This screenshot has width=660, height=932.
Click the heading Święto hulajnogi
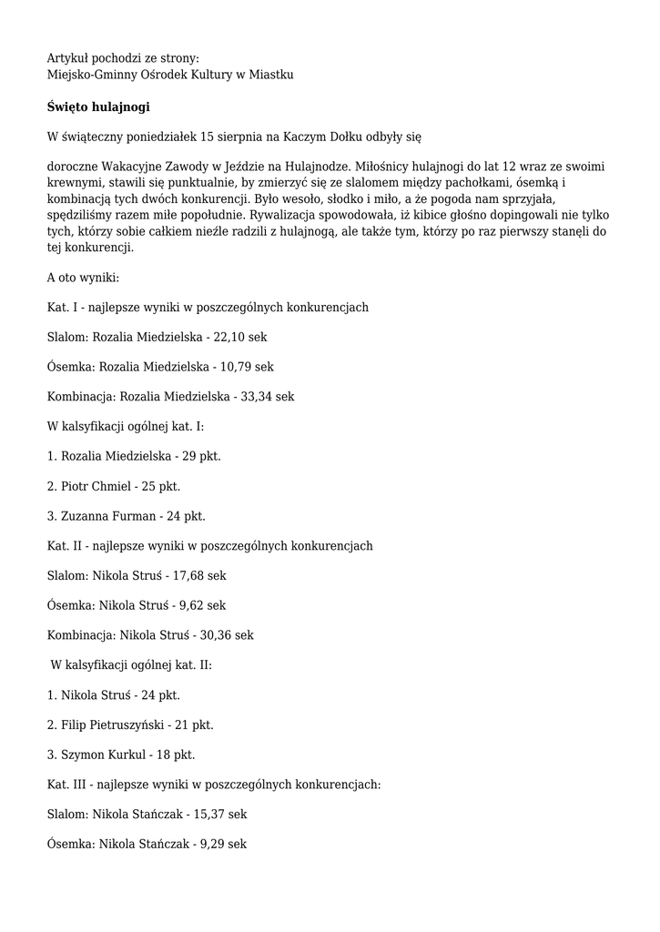point(98,106)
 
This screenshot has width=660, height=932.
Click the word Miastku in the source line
point(271,74)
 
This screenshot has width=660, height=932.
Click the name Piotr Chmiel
point(95,486)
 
